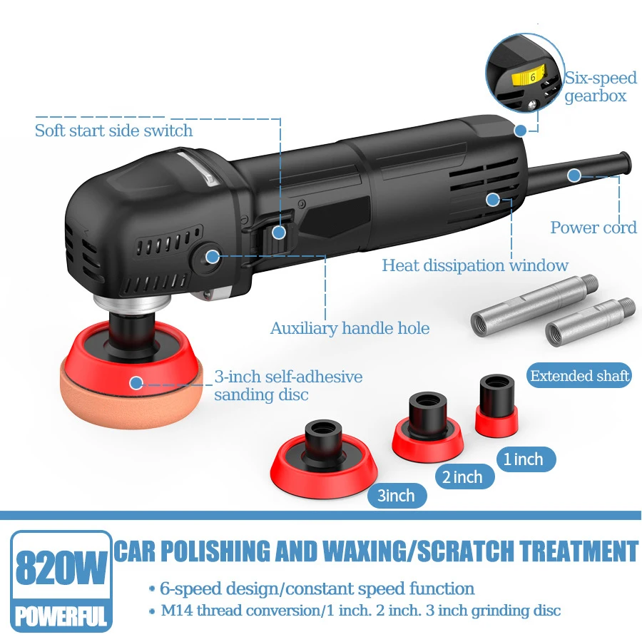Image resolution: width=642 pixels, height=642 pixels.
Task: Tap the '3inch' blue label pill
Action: click(x=397, y=496)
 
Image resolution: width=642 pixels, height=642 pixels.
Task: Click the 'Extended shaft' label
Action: click(x=579, y=375)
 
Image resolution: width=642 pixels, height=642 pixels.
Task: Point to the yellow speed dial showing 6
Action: click(x=529, y=76)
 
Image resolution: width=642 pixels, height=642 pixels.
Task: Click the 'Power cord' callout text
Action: click(x=593, y=228)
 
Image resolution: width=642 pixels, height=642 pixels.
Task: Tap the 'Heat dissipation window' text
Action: click(x=475, y=265)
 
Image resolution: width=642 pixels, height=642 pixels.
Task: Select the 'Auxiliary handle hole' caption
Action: click(x=350, y=328)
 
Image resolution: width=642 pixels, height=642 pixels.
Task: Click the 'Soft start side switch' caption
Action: click(x=114, y=131)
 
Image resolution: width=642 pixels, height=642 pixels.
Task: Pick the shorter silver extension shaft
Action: click(x=590, y=322)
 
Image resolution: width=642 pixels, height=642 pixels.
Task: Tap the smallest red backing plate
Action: click(x=496, y=406)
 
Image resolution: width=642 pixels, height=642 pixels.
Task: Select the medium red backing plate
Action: click(x=427, y=428)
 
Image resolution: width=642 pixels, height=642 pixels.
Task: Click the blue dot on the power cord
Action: click(x=574, y=175)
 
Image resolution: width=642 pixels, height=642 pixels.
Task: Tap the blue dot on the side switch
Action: click(x=279, y=232)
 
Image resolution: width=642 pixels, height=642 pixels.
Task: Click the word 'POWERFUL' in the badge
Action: click(x=61, y=616)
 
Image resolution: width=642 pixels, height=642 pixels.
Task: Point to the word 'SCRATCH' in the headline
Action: click(x=464, y=551)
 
